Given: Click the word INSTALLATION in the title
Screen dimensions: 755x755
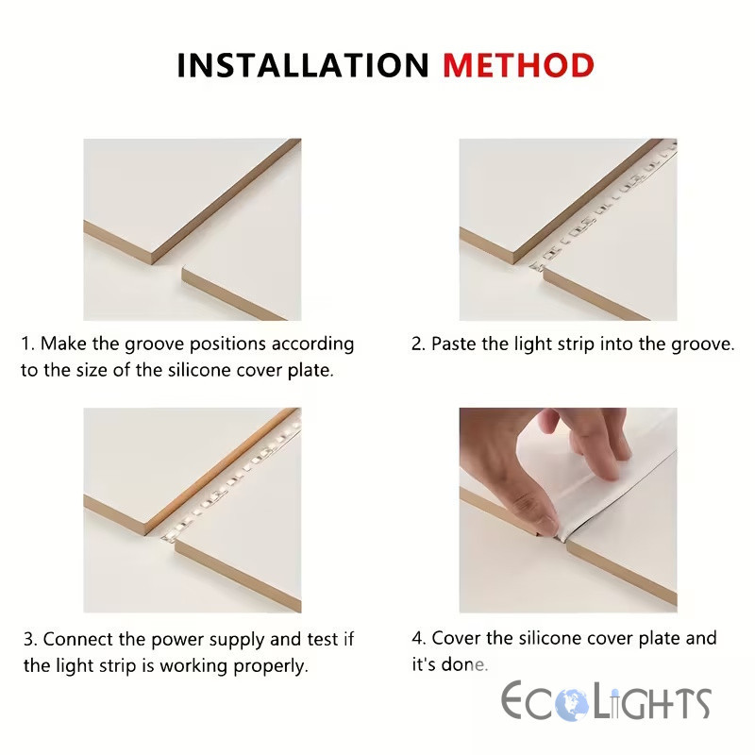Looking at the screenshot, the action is pyautogui.click(x=303, y=65).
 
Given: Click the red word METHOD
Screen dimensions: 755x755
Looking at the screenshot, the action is pyautogui.click(x=518, y=65).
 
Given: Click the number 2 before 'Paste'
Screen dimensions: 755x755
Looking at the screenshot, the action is pyautogui.click(x=417, y=344).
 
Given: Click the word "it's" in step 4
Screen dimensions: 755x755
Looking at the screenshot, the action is pyautogui.click(x=423, y=664).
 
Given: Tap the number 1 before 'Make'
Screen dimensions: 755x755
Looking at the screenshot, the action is pyautogui.click(x=26, y=344).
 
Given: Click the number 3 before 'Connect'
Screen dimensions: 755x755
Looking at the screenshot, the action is pyautogui.click(x=29, y=640).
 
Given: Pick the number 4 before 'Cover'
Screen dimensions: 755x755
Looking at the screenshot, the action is pyautogui.click(x=418, y=639).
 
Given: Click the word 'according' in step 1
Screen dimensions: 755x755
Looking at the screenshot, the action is pyautogui.click(x=312, y=344).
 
